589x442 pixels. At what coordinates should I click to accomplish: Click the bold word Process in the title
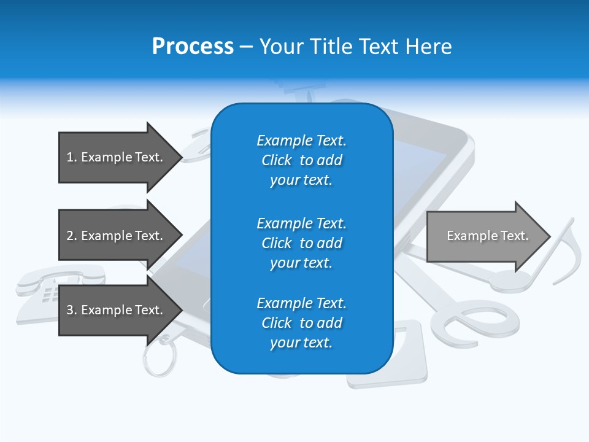pyautogui.click(x=193, y=47)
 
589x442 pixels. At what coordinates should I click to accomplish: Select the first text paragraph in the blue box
pyautogui.click(x=301, y=160)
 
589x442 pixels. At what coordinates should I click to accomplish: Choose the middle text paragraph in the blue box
pyautogui.click(x=301, y=243)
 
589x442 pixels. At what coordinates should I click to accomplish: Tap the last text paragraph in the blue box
pyautogui.click(x=301, y=323)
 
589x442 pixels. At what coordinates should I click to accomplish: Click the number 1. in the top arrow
pyautogui.click(x=72, y=157)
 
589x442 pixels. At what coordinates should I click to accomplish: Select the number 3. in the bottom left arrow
pyautogui.click(x=72, y=310)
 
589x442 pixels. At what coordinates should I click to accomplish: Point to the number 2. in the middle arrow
pyautogui.click(x=72, y=236)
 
